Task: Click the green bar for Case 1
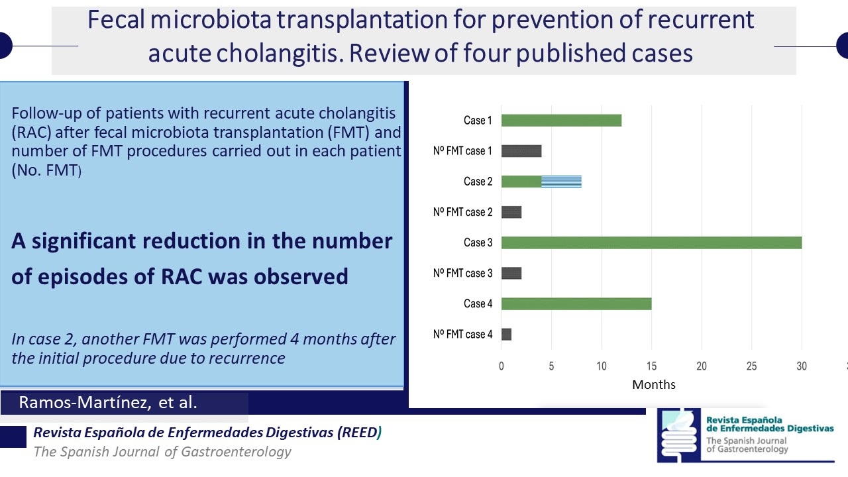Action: [x=561, y=121]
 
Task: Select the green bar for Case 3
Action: [x=651, y=242]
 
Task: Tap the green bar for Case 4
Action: [x=576, y=303]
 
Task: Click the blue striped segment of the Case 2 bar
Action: [x=561, y=182]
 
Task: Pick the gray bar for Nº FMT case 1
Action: [x=521, y=151]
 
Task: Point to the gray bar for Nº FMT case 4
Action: [x=507, y=335]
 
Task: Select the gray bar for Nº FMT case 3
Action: [x=511, y=274]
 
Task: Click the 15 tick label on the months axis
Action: [x=651, y=366]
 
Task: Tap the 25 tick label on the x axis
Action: [x=751, y=366]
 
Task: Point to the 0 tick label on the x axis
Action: [x=502, y=366]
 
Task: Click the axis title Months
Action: [x=654, y=385]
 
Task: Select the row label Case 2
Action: [x=478, y=182]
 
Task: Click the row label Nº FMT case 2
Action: [x=462, y=212]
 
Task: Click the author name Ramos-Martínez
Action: [x=85, y=402]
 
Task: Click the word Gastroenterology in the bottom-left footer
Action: [x=237, y=452]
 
